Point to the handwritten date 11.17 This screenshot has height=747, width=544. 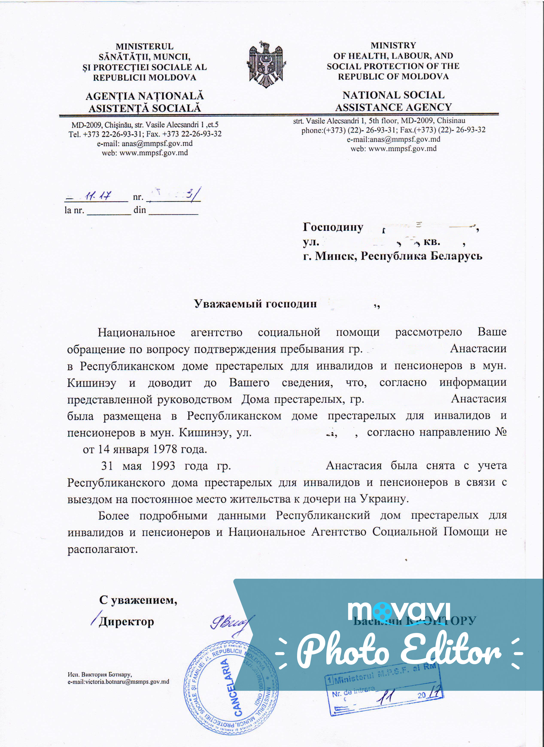click(98, 196)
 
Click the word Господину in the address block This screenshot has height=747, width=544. click(333, 227)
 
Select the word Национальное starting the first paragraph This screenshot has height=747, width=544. click(136, 332)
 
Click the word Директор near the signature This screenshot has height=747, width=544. click(126, 622)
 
